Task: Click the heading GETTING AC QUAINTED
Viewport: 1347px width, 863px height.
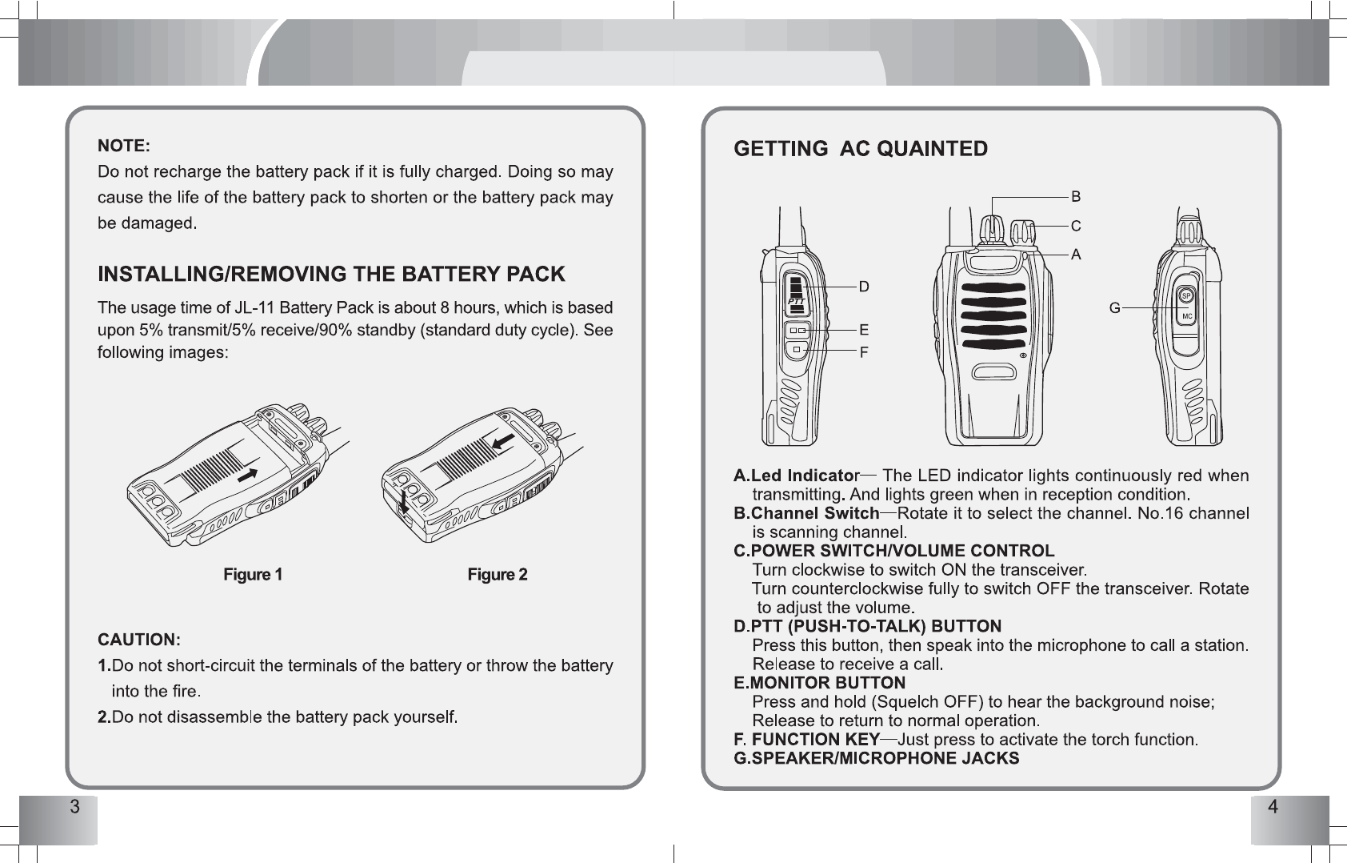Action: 861,149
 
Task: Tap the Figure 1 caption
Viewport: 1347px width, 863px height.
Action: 253,575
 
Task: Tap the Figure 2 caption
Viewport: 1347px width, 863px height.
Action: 498,575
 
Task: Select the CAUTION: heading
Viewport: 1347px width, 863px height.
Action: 139,640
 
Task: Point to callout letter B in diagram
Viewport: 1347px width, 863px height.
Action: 1076,197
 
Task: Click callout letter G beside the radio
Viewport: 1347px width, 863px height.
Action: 1113,307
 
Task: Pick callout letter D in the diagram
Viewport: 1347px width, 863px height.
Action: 864,286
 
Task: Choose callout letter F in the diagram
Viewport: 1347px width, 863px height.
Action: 864,351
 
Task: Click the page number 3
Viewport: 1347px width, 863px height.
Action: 74,806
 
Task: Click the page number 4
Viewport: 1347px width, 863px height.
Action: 1273,806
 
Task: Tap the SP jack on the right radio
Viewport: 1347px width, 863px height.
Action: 1187,296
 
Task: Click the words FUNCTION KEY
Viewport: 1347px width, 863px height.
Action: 816,739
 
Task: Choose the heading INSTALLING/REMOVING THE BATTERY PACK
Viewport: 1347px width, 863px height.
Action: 331,275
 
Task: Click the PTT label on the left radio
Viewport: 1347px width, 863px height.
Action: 795,300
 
